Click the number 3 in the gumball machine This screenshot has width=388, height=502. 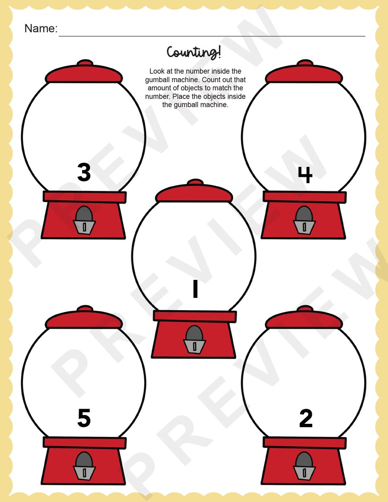pyautogui.click(x=84, y=172)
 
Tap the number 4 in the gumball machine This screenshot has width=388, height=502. pyautogui.click(x=305, y=174)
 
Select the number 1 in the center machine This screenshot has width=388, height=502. pyautogui.click(x=195, y=289)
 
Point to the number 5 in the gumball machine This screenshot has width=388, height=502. pyautogui.click(x=84, y=418)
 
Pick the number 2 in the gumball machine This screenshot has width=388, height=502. pyautogui.click(x=305, y=418)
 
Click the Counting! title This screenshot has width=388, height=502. pyautogui.click(x=194, y=52)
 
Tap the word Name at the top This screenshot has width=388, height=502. pyautogui.click(x=40, y=28)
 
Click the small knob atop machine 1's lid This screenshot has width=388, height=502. pyautogui.click(x=195, y=182)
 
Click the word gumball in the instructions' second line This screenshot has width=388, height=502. pyautogui.click(x=162, y=80)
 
